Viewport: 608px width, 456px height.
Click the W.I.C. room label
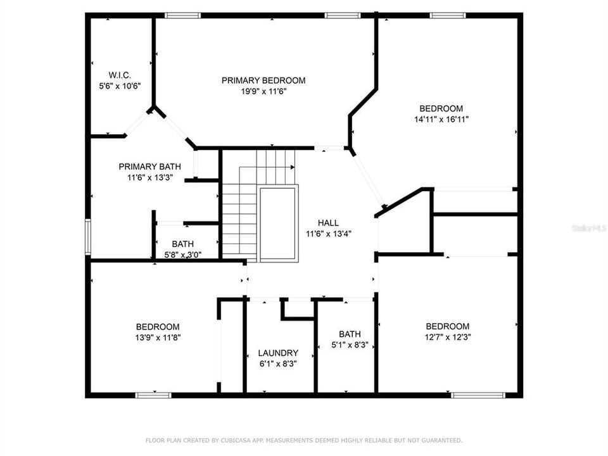point(119,75)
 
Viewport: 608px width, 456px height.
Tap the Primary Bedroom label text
point(263,80)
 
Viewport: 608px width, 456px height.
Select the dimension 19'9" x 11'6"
point(263,91)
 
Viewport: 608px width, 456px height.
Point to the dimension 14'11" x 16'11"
point(441,119)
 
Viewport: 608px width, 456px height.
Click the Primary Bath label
point(146,167)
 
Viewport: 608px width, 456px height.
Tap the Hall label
point(328,223)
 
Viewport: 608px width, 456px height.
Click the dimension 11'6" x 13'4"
point(328,234)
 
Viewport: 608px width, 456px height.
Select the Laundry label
point(278,353)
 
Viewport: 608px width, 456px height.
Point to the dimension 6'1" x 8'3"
point(278,364)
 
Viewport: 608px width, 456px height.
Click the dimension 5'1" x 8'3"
point(350,345)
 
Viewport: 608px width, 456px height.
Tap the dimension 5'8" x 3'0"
point(183,255)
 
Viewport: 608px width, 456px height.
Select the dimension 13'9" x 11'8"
point(157,338)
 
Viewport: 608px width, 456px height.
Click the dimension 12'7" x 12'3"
point(448,337)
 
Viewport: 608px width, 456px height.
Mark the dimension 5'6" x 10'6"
point(119,86)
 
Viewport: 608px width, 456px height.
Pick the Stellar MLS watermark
point(588,226)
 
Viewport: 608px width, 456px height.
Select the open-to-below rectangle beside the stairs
point(278,223)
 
